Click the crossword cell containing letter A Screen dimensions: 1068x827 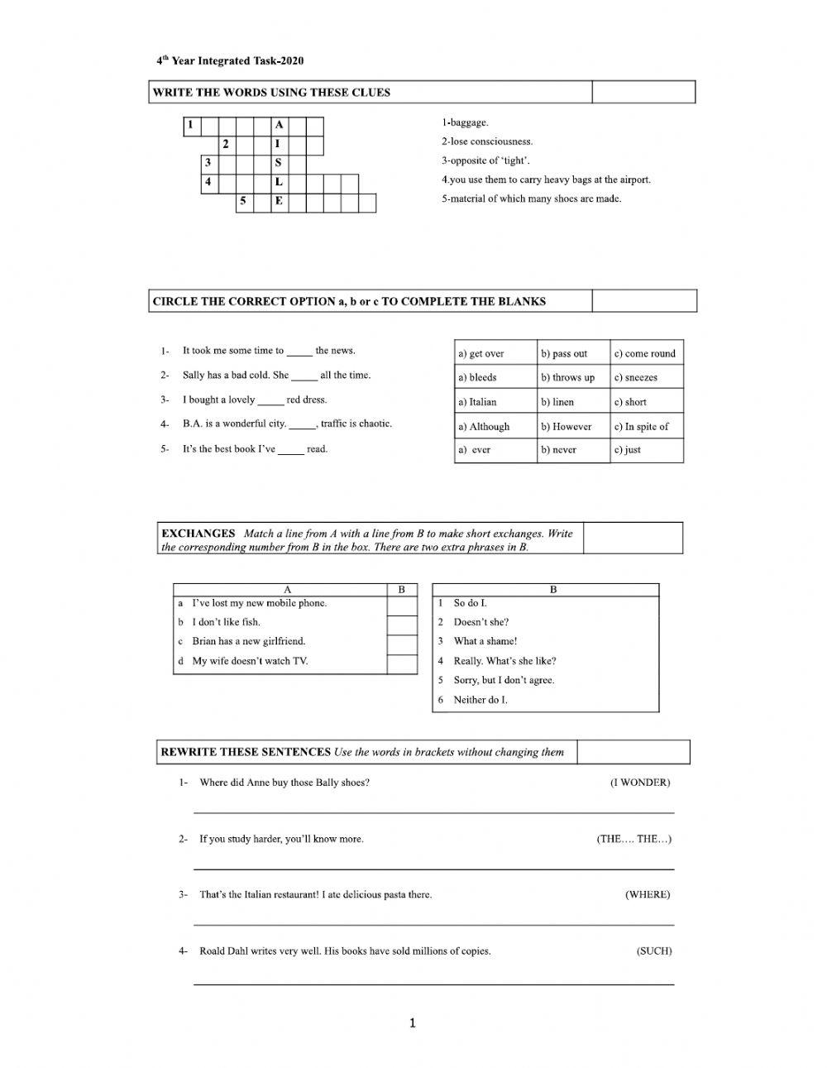click(x=280, y=126)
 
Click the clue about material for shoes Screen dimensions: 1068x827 click(x=531, y=199)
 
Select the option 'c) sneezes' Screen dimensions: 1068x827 click(x=636, y=377)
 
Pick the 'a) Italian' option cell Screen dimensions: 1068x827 click(x=477, y=402)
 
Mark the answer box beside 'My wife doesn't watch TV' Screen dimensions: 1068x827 click(x=402, y=663)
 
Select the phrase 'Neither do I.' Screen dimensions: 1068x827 click(x=480, y=700)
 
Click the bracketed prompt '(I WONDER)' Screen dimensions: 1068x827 click(x=639, y=783)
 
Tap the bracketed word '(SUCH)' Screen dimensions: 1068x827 click(x=653, y=951)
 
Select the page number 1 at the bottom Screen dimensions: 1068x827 click(x=413, y=1024)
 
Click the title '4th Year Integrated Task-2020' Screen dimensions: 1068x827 click(x=224, y=60)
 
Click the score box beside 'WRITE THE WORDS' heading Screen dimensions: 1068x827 click(x=643, y=92)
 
